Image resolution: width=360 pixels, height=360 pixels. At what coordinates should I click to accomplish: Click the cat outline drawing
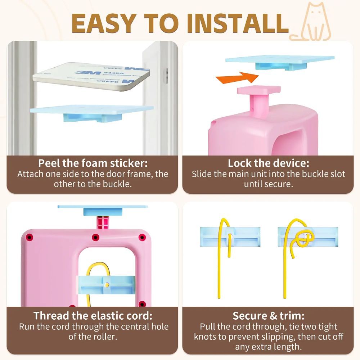(310, 22)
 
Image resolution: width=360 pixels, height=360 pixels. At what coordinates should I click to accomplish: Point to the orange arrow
(237, 78)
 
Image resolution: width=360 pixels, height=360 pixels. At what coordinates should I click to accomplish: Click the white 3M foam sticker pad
(91, 76)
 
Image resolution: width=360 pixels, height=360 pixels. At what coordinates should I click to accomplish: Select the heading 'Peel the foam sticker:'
(93, 163)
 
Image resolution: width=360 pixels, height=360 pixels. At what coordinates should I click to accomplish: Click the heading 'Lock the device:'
(269, 163)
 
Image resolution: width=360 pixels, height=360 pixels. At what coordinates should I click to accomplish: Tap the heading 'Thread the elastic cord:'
(93, 316)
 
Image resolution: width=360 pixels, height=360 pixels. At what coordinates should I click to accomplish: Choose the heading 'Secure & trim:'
(269, 316)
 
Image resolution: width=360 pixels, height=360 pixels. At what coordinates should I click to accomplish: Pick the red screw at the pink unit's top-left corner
(30, 237)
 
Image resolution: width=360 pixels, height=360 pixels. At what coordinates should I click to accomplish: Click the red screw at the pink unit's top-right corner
(142, 237)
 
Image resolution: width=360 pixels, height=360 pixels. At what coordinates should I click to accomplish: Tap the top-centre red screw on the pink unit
(95, 237)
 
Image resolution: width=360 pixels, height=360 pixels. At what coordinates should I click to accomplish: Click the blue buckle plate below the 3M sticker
(92, 112)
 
